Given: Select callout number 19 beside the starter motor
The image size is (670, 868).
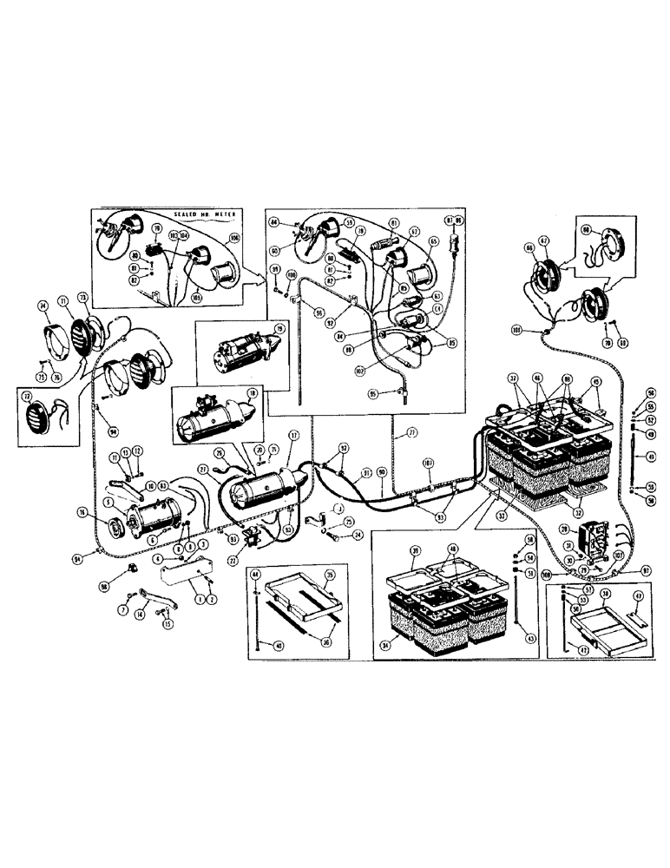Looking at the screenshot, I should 280,329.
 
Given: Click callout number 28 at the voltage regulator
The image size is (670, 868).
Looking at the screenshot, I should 564,529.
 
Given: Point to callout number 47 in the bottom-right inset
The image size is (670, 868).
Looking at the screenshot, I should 638,595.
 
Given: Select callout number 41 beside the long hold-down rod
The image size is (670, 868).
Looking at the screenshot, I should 650,457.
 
